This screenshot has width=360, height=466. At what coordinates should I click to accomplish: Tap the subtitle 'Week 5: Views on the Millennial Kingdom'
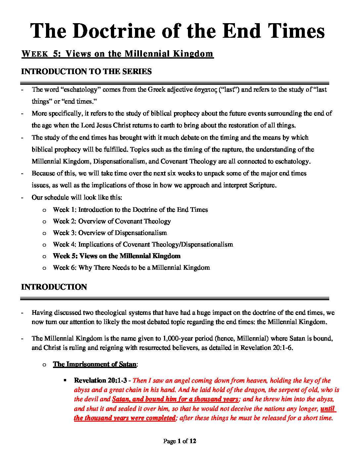click(x=117, y=54)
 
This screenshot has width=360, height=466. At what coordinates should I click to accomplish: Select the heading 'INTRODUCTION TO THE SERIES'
click(x=86, y=71)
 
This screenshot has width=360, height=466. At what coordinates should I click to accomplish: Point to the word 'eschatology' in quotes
click(x=80, y=90)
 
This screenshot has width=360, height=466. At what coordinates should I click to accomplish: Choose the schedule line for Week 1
click(x=130, y=210)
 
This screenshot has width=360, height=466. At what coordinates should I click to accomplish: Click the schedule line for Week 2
click(x=112, y=221)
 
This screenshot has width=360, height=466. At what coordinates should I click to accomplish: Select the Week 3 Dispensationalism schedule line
click(x=110, y=233)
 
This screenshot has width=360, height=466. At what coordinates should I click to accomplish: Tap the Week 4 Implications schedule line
click(x=143, y=244)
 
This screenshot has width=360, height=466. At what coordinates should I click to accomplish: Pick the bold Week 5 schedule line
click(x=116, y=256)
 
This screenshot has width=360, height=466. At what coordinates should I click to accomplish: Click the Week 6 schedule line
click(x=131, y=267)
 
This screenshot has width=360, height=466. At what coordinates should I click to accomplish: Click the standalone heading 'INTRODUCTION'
click(x=54, y=287)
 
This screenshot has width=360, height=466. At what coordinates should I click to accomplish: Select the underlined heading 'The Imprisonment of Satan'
click(x=95, y=364)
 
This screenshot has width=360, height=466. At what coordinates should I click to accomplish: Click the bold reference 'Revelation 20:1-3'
click(x=100, y=381)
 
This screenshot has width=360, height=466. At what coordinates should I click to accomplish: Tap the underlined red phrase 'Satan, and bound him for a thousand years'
click(x=175, y=399)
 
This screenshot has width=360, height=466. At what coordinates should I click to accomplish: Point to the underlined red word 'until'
click(x=328, y=409)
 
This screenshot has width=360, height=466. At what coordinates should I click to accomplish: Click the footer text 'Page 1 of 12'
click(x=180, y=441)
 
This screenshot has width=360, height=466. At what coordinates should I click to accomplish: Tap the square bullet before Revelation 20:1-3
click(x=65, y=381)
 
